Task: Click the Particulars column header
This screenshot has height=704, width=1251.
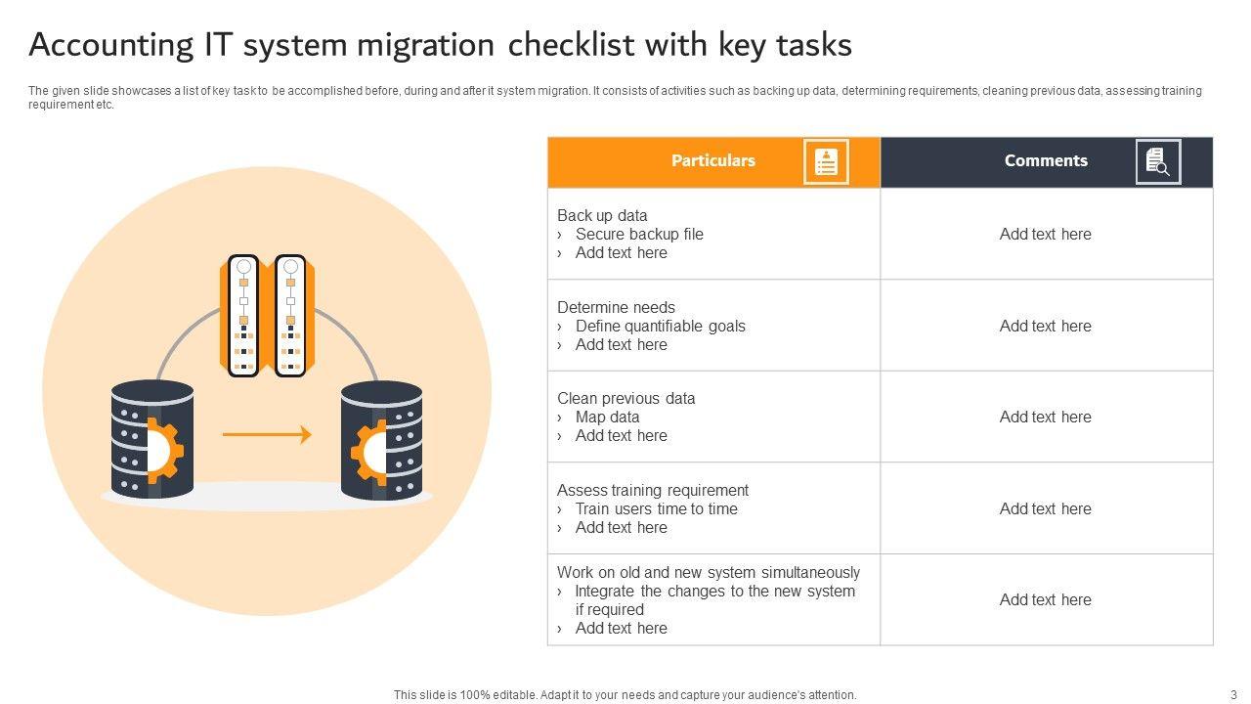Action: pyautogui.click(x=713, y=161)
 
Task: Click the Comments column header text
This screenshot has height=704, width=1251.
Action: pyautogui.click(x=1046, y=161)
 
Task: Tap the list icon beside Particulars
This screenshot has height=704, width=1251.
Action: pyautogui.click(x=826, y=161)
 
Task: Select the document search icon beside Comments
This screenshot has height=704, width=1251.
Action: pyautogui.click(x=1158, y=161)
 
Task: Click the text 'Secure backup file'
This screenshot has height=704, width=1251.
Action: pyautogui.click(x=639, y=234)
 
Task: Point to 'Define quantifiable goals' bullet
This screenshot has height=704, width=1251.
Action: pyautogui.click(x=661, y=326)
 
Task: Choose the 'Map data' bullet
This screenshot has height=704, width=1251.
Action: pyautogui.click(x=608, y=417)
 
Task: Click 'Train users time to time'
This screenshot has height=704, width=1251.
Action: pyautogui.click(x=657, y=509)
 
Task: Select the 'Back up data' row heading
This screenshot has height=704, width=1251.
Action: pyautogui.click(x=602, y=216)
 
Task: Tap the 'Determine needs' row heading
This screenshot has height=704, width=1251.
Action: pyautogui.click(x=616, y=307)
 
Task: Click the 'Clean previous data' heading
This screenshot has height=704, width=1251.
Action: pyautogui.click(x=626, y=398)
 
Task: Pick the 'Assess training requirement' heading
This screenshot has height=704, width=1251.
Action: pyautogui.click(x=653, y=491)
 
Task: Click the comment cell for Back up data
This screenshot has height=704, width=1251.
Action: pyautogui.click(x=1046, y=234)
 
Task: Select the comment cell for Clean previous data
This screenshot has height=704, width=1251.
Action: pyautogui.click(x=1046, y=417)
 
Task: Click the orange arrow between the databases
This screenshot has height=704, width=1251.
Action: pyautogui.click(x=267, y=434)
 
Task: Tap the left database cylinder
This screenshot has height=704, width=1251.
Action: pyautogui.click(x=152, y=439)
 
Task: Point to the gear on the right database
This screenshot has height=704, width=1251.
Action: pyautogui.click(x=368, y=452)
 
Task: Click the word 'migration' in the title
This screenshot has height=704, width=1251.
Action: pyautogui.click(x=425, y=46)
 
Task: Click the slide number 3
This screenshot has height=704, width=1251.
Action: pyautogui.click(x=1233, y=695)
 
